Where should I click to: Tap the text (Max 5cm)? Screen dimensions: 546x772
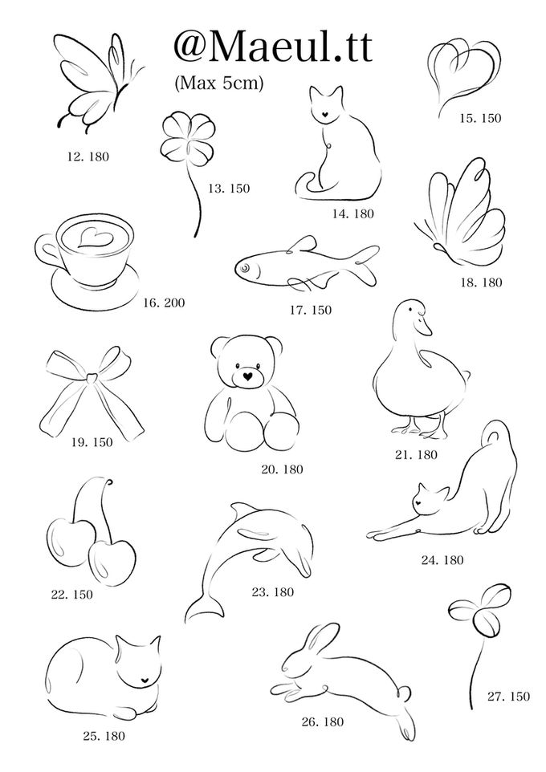click(x=219, y=82)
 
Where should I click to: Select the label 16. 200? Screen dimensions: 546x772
click(x=164, y=303)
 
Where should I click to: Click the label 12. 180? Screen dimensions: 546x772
click(x=88, y=156)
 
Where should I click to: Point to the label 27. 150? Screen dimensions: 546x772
click(x=508, y=697)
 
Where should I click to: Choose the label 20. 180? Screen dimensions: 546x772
click(x=282, y=469)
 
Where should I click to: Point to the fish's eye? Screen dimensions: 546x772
click(x=245, y=268)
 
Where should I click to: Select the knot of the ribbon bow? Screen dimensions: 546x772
click(x=92, y=379)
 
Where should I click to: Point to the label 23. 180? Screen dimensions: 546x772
click(x=272, y=592)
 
